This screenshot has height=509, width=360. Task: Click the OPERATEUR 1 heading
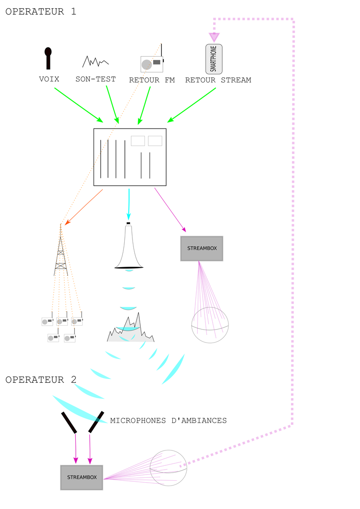point(40,12)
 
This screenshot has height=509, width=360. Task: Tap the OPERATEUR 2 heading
point(40,380)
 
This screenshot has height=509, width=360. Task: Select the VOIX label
point(49,79)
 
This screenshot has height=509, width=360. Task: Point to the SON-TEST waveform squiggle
point(95,61)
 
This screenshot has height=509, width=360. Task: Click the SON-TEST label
point(96,79)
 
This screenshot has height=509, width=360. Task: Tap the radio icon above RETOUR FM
point(152,63)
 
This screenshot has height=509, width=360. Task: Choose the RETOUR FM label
point(152,80)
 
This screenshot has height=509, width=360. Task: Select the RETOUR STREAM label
point(218,80)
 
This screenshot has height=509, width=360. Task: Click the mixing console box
point(130,157)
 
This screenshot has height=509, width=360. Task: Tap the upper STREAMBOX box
point(202,248)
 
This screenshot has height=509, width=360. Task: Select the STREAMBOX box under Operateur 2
point(82,477)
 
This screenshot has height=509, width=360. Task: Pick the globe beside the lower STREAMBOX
point(168,468)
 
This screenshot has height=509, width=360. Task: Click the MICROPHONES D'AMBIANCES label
point(168,421)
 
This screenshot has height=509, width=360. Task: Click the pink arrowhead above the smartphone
point(214,36)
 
